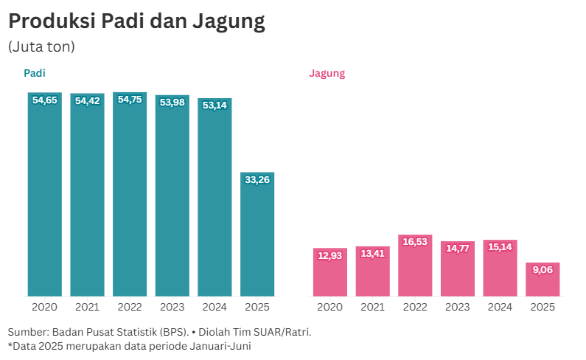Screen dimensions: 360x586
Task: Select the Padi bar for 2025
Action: point(257,236)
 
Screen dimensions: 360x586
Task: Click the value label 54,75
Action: point(130,100)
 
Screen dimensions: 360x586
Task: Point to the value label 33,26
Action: point(257,179)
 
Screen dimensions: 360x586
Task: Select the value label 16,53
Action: point(415,242)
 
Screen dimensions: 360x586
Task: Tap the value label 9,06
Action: point(543,269)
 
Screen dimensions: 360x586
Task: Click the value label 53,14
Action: point(214,105)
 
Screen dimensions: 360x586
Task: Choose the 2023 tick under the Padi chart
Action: point(172,307)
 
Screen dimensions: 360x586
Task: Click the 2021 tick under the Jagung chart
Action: point(372,307)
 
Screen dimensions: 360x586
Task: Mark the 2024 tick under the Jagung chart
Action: point(500,307)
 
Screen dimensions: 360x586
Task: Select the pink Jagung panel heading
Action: point(327,73)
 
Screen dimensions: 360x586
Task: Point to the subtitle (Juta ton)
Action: point(41,46)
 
